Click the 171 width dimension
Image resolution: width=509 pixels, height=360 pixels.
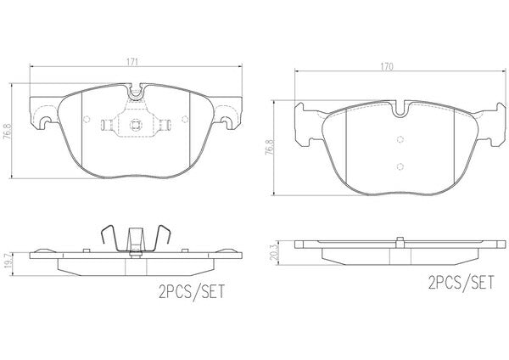tap(132, 61)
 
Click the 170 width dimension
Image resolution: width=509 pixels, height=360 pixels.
tap(387, 66)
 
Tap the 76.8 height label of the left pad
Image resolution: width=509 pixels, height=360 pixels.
tap(6, 131)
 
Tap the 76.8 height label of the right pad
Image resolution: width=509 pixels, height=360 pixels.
tap(270, 148)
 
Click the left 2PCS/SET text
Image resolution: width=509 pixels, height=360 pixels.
tap(192, 291)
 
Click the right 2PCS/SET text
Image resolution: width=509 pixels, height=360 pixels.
tap(461, 282)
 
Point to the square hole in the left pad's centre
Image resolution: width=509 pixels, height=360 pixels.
tap(135, 124)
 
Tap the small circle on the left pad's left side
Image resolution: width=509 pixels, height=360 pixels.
tap(87, 119)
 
